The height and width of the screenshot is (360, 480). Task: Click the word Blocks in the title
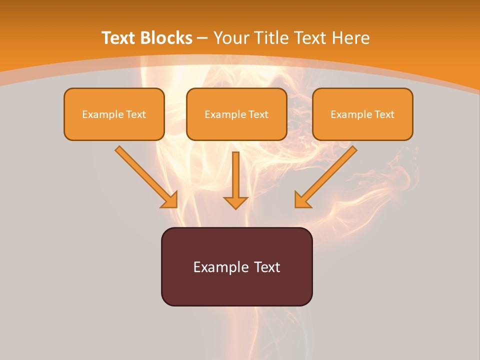167,38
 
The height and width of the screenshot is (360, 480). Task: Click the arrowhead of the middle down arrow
236,202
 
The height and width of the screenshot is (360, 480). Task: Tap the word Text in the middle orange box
258,114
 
